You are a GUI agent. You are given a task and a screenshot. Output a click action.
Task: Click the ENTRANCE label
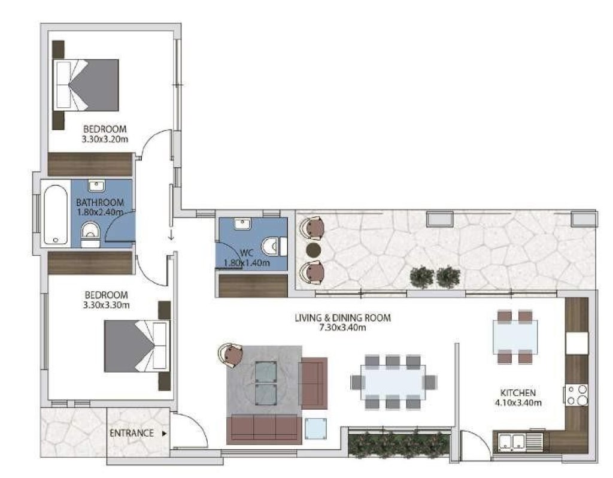tap(132, 433)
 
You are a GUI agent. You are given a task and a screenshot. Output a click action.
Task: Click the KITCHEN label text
tap(518, 393)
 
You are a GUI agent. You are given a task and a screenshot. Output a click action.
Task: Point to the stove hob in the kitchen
tap(577, 395)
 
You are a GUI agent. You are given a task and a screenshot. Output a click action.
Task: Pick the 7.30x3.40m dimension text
tap(342, 328)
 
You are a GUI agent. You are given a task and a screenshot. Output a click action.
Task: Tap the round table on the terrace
tap(313, 250)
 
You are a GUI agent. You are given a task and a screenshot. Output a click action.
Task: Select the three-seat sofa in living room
tap(264, 428)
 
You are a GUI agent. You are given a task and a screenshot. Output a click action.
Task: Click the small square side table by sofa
tap(315, 428)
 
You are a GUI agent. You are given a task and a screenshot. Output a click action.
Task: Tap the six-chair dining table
tap(393, 382)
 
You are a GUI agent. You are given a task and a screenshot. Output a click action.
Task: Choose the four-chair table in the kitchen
tap(515, 337)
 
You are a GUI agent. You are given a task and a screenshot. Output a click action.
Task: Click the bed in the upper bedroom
tap(86, 84)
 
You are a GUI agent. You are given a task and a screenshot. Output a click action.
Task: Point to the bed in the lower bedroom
tap(137, 346)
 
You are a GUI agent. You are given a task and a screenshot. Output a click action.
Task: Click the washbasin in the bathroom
tap(96, 186)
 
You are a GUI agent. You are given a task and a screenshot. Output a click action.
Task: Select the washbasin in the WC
tap(242, 224)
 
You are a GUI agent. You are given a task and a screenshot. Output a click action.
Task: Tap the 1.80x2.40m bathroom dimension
tap(100, 213)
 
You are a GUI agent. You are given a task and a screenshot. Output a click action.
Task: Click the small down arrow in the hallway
tap(171, 236)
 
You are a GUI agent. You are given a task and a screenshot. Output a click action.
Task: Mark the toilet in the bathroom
tap(91, 234)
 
